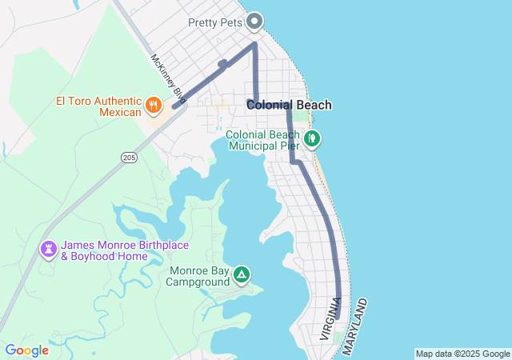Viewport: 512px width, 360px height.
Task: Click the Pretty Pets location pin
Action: point(254,21)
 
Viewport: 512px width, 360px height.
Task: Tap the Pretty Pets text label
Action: point(214,22)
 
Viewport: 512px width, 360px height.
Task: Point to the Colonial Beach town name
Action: point(289,105)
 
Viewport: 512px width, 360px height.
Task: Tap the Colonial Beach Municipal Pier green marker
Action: point(312,139)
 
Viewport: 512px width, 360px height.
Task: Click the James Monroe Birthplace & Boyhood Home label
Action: point(105,251)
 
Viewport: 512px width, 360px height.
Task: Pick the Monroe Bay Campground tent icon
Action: point(241,276)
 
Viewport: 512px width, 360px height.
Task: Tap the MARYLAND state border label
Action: point(358,327)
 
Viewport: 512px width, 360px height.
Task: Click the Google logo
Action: point(26,350)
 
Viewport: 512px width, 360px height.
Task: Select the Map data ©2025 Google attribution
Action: point(462,354)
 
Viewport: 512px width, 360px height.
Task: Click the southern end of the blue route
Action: point(338,318)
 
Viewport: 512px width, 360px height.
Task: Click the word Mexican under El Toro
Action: point(120,112)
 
